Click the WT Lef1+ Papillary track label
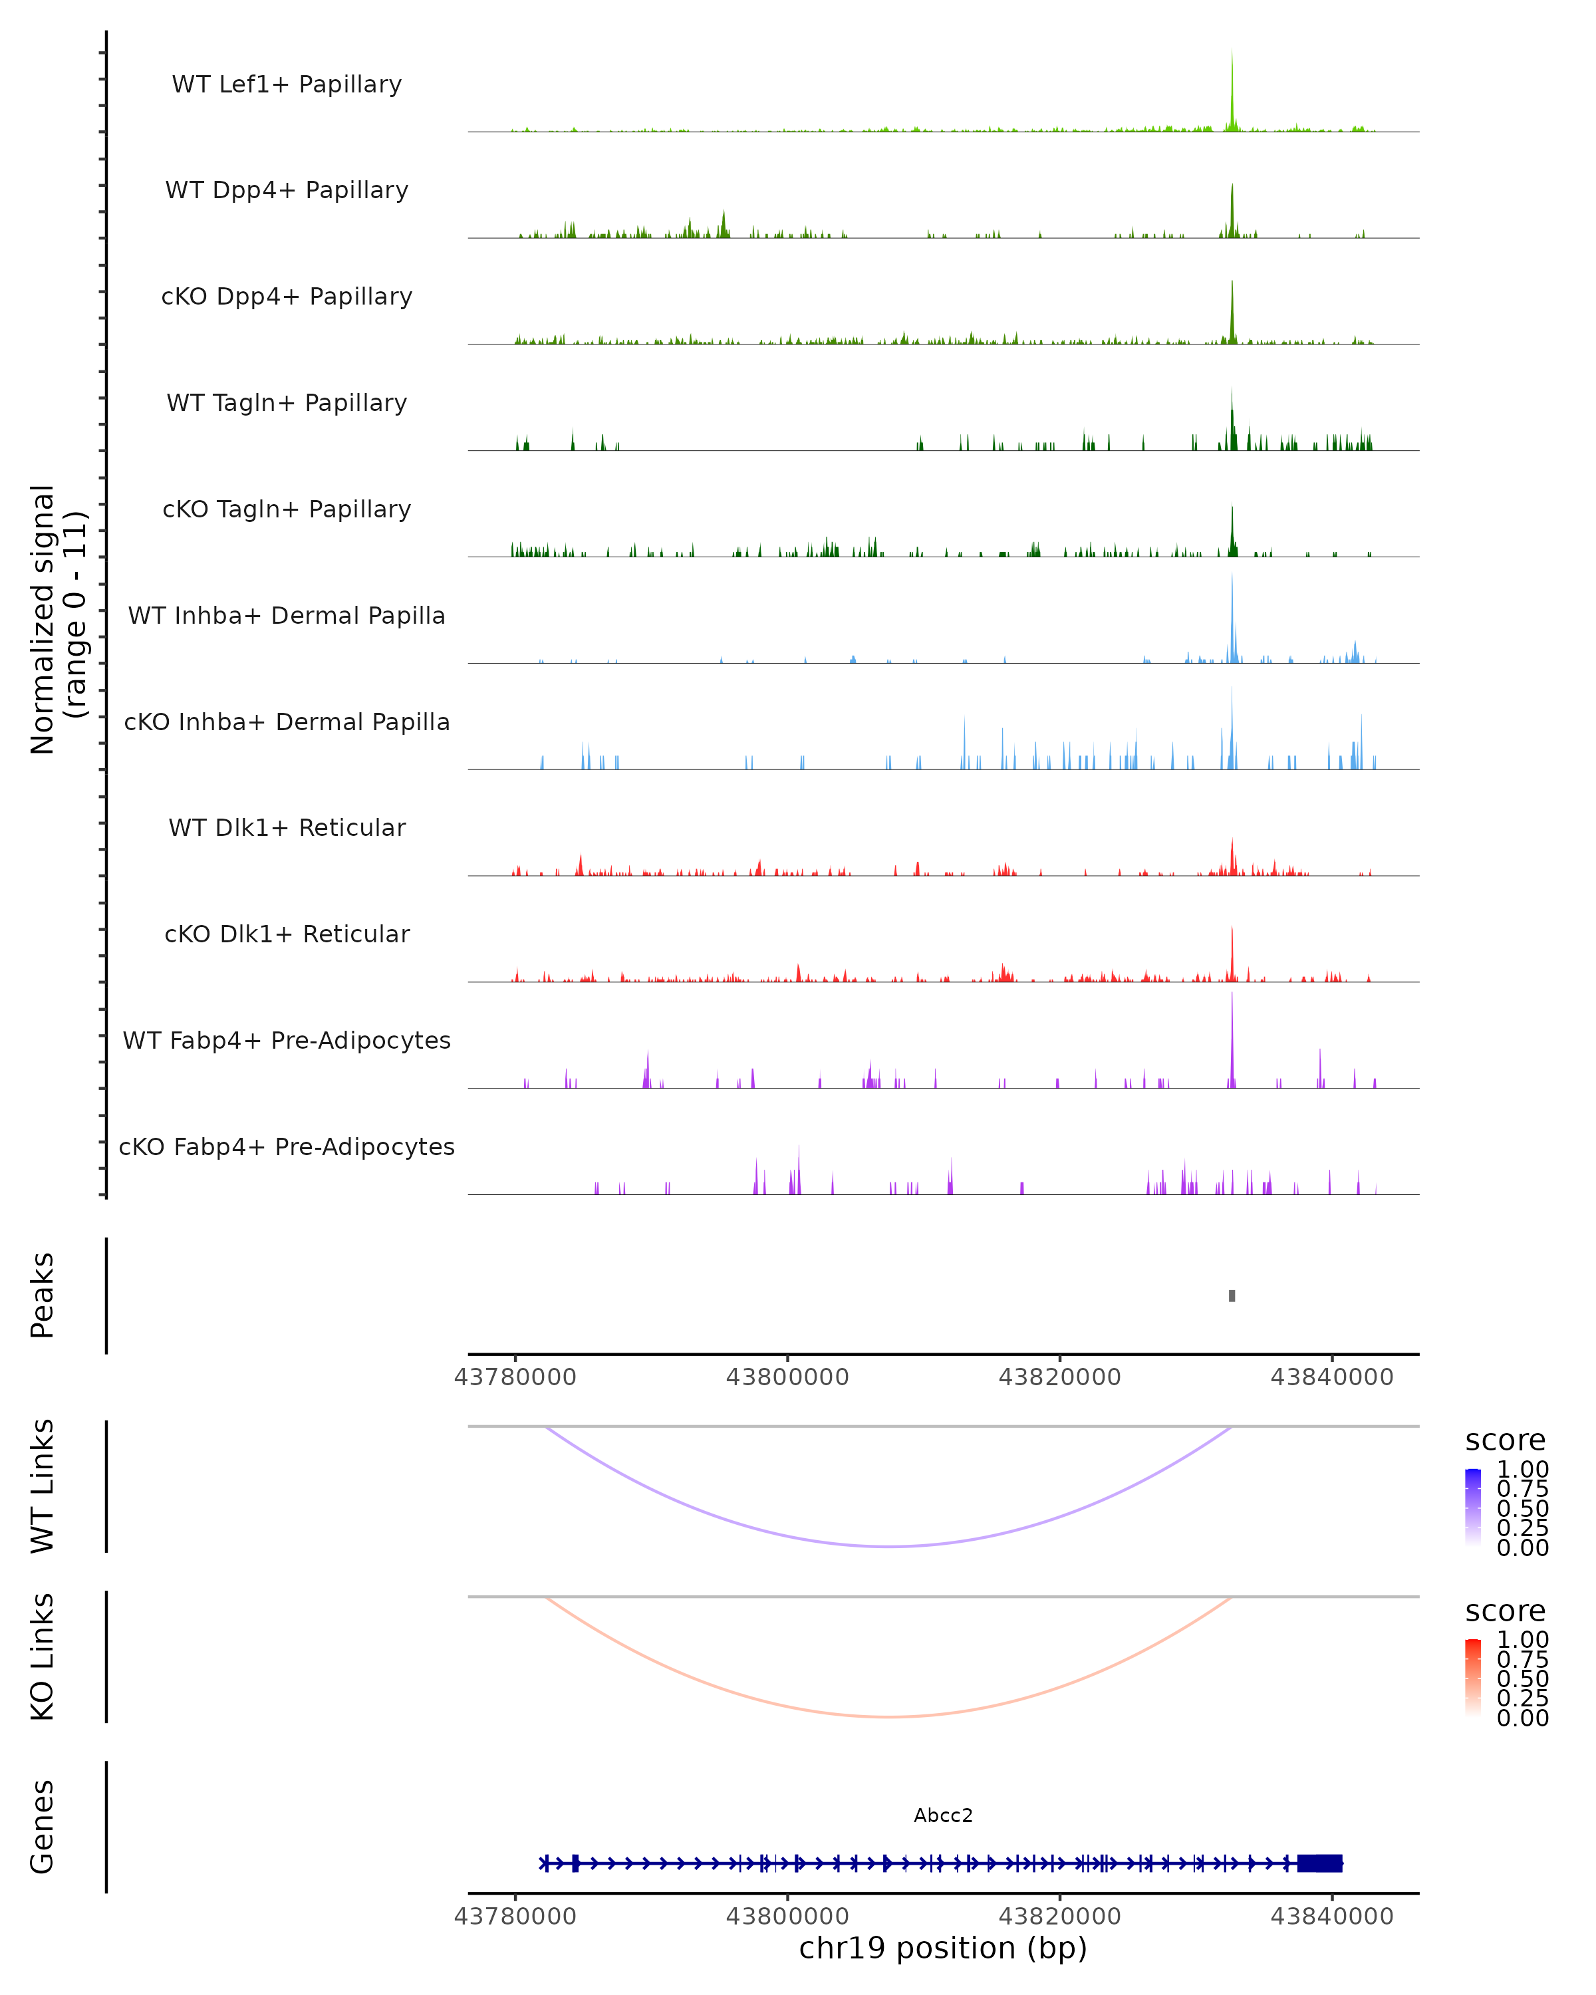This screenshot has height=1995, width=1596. pos(287,84)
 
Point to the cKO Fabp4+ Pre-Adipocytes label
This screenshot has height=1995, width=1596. pos(287,1147)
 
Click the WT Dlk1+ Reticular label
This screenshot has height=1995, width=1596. pos(287,828)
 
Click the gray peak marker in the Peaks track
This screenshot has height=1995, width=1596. pos(1232,1295)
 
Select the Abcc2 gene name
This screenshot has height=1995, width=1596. pos(943,1815)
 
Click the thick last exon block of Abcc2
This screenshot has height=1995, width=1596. pos(1320,1863)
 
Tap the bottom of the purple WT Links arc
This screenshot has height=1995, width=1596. pos(888,1546)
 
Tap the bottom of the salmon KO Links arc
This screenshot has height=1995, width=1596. pos(888,1716)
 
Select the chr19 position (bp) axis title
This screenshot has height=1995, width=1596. pos(943,1948)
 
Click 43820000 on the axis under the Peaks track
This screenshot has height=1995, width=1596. pos(1059,1377)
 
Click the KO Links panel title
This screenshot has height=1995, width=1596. pos(43,1657)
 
